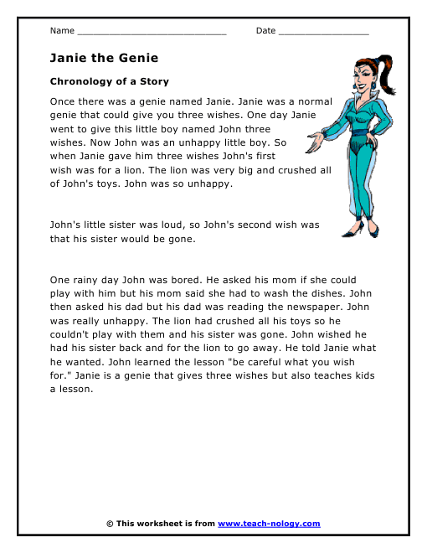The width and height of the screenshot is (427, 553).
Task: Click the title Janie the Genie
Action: coord(104,58)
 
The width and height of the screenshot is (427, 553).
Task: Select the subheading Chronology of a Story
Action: coord(109,81)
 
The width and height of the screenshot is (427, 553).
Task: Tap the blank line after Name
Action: coord(152,33)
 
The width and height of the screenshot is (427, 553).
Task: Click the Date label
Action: coord(265,31)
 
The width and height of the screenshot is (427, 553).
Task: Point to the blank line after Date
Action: coord(323,33)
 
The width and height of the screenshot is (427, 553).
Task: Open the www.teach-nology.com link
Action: coord(269,524)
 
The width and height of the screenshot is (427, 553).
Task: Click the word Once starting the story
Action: coord(64,100)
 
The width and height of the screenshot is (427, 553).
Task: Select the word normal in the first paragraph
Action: coord(311,100)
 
